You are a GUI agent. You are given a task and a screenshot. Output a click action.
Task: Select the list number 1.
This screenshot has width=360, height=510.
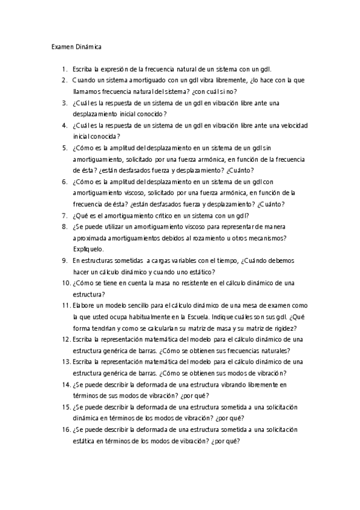64,70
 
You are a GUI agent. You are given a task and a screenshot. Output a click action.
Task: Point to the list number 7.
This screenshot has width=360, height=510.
64,215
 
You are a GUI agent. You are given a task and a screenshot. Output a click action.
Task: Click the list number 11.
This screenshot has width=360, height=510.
66,306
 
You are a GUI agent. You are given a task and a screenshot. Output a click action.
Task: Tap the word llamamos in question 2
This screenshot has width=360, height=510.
86,91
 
